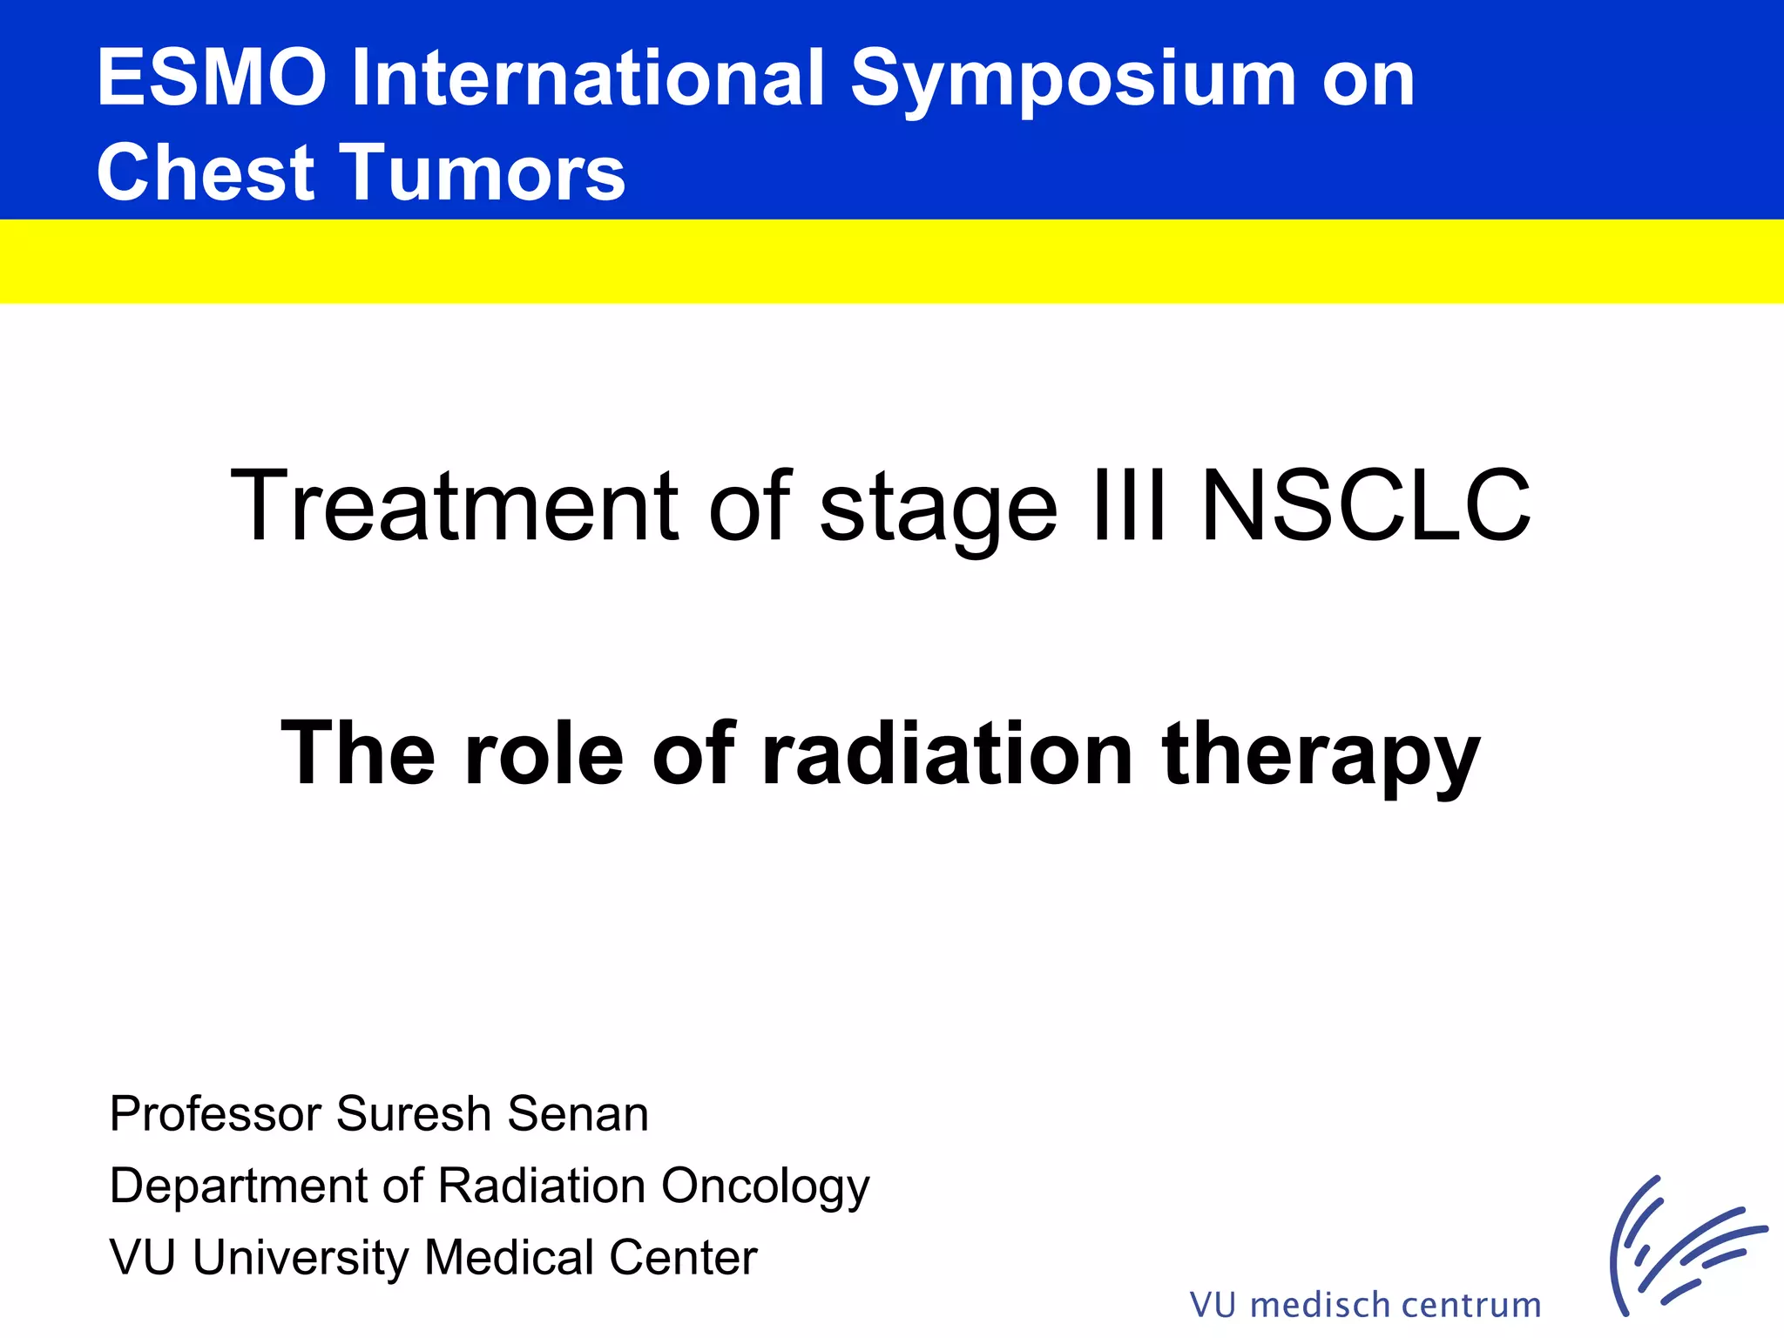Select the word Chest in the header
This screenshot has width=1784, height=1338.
(x=206, y=172)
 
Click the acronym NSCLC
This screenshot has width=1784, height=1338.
(x=1365, y=505)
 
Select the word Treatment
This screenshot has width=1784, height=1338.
(x=454, y=505)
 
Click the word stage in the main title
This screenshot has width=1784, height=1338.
(x=938, y=510)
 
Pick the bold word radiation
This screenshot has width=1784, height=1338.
(x=947, y=753)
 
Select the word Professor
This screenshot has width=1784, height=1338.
(x=215, y=1114)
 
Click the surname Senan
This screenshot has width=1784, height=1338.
(x=578, y=1114)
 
